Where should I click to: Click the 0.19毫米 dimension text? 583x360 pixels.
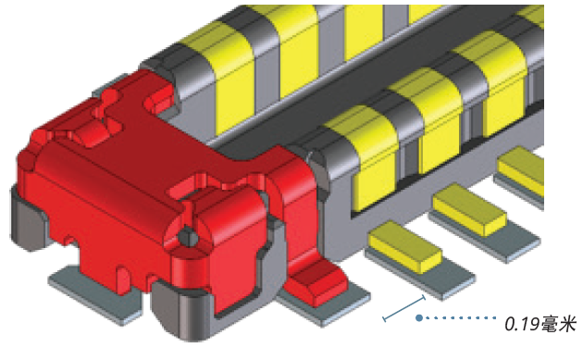point(540,324)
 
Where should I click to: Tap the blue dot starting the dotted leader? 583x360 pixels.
point(419,318)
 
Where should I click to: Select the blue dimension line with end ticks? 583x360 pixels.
point(404,308)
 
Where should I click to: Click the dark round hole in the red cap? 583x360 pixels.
point(188,237)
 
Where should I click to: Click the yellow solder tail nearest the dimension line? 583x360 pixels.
point(405,246)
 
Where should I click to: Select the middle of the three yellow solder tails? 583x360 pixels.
point(469,209)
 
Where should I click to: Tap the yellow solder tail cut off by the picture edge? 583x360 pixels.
point(522,170)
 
